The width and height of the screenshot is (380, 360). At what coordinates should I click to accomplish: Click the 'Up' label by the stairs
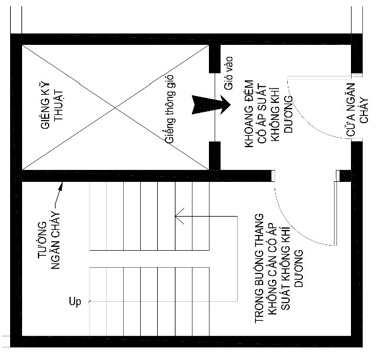75,302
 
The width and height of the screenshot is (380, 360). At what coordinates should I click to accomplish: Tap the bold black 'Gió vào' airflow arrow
211,105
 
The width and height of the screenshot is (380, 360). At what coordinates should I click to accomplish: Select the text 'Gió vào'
229,73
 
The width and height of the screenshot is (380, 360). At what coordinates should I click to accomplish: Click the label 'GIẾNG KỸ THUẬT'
52,105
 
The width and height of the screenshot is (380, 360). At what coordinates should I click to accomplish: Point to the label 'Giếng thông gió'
169,109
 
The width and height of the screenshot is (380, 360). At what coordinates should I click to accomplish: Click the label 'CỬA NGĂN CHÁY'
357,109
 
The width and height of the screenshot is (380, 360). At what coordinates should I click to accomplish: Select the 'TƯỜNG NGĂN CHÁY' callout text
49,241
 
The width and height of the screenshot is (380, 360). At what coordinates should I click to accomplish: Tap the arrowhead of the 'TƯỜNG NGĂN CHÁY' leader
61,185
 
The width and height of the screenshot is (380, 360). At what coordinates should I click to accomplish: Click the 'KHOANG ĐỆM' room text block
269,113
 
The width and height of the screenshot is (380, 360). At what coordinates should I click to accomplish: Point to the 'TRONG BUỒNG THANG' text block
279,268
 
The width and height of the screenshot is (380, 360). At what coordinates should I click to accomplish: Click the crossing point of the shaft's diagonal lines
115,107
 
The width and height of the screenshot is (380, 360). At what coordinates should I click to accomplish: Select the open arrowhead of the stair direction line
179,216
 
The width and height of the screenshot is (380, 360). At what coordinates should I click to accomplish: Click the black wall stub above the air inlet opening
215,59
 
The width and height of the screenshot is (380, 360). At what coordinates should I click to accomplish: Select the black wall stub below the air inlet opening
215,155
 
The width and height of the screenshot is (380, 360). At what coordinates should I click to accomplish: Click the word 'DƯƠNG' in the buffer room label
288,114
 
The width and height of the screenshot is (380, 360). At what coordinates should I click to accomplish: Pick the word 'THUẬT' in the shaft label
59,105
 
